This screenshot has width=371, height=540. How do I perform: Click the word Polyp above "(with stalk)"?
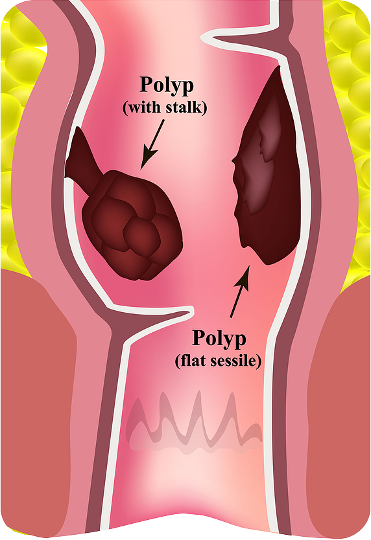[x=166, y=85]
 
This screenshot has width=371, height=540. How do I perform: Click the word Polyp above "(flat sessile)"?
[x=219, y=339]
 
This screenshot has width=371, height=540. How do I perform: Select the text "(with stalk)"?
[x=165, y=107]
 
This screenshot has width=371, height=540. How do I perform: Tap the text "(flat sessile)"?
[x=218, y=361]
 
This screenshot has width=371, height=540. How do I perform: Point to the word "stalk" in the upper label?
[x=185, y=107]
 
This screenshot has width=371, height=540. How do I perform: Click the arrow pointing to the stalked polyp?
[x=152, y=144]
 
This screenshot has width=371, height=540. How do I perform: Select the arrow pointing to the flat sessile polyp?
[x=239, y=291]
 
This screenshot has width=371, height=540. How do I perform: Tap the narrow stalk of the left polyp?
[x=82, y=159]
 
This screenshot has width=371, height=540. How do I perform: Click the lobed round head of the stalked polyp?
[x=132, y=225]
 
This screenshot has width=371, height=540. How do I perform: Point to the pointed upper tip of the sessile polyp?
[x=278, y=67]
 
